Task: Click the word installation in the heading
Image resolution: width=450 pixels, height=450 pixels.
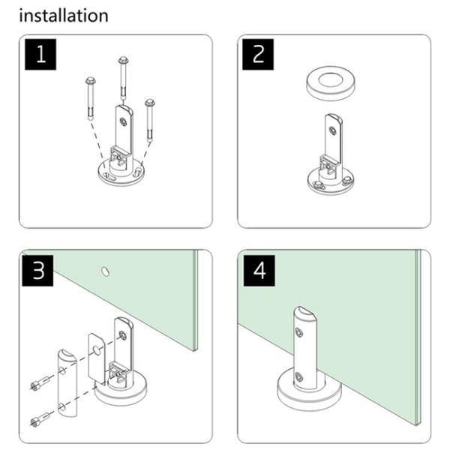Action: coord(64,16)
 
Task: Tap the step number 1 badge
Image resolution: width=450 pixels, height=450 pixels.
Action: coord(40,55)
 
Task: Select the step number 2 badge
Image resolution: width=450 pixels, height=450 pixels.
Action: coord(258,55)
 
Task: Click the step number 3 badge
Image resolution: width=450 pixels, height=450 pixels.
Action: coord(37,271)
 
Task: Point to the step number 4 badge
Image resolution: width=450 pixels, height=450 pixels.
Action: coord(259,271)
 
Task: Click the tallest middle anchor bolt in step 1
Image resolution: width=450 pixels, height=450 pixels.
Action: coord(124,78)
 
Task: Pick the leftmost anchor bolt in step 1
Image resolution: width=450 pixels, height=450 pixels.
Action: coord(91,98)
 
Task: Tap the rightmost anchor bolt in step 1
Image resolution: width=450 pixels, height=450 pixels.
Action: coord(149,120)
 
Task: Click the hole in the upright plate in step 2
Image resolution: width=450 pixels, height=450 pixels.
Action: coord(332,130)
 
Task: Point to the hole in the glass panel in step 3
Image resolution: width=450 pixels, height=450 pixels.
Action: coord(106,271)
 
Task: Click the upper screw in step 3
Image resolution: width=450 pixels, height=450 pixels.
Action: coord(40,383)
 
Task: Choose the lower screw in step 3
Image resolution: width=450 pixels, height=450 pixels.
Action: coord(40,418)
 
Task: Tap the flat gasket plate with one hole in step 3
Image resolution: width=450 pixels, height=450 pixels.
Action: coord(97,358)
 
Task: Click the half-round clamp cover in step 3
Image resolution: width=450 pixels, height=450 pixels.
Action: coord(67,382)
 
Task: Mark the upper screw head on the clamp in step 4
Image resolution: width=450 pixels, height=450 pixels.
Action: coord(299,332)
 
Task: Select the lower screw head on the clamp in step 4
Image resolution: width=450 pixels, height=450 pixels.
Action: coord(299,376)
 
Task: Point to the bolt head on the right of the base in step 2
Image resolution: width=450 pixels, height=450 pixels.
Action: coord(346,181)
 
